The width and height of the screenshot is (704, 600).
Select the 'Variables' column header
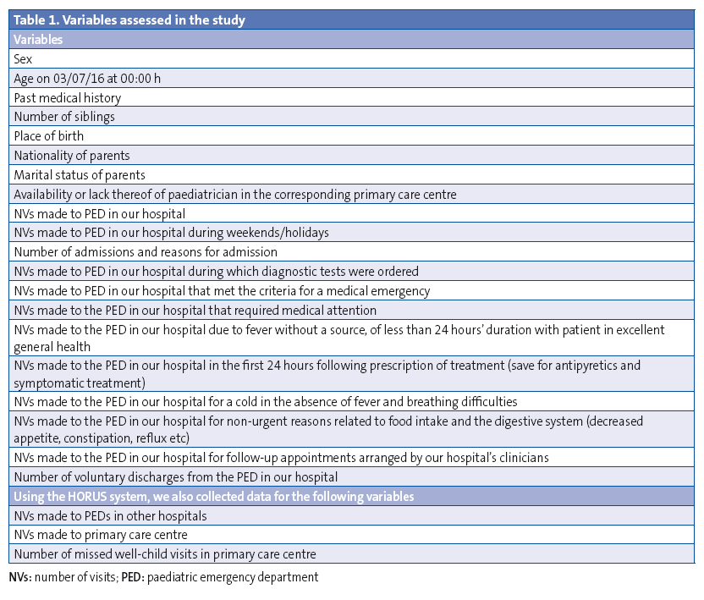[x=38, y=39]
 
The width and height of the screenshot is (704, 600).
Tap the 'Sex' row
[x=23, y=59]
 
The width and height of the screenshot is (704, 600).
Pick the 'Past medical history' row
[x=68, y=98]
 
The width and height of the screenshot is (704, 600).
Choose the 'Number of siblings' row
[x=64, y=117]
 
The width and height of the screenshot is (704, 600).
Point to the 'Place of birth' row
[x=49, y=136]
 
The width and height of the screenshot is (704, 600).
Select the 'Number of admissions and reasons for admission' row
[x=146, y=252]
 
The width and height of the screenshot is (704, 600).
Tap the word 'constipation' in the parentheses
[x=103, y=438]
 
